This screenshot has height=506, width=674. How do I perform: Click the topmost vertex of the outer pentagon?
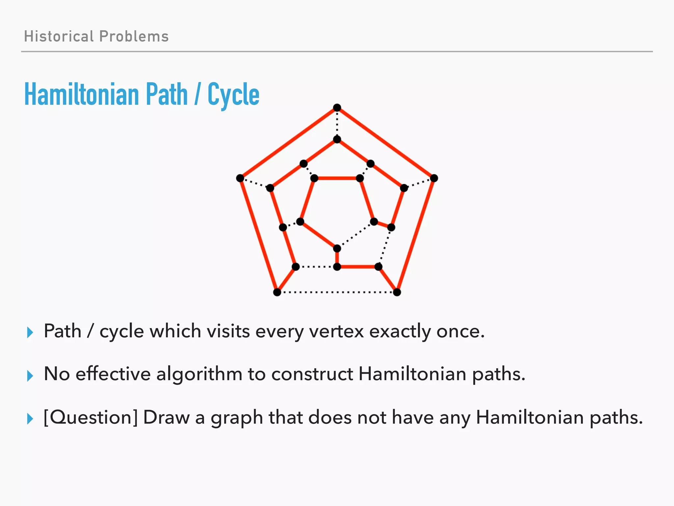(337, 108)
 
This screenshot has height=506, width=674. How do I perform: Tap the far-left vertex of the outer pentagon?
(240, 178)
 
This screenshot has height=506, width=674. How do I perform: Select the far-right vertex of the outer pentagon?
(434, 178)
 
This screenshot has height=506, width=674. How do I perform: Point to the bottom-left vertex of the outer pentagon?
(277, 292)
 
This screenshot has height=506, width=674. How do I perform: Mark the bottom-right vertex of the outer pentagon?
(397, 292)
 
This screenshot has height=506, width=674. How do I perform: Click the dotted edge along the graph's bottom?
(337, 292)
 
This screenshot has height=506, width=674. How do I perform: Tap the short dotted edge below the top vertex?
(337, 124)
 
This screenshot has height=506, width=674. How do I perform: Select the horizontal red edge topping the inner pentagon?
(337, 178)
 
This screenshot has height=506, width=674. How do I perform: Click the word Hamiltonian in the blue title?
(82, 95)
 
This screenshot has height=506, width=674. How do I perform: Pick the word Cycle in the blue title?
(233, 95)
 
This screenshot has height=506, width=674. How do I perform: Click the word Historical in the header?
(59, 36)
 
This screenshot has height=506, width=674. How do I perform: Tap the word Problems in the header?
(134, 36)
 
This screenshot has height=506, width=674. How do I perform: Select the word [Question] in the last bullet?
(91, 418)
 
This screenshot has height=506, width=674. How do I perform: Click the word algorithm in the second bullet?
(199, 374)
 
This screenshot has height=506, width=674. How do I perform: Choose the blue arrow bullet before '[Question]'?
(30, 419)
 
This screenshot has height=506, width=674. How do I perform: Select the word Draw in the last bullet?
(166, 418)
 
